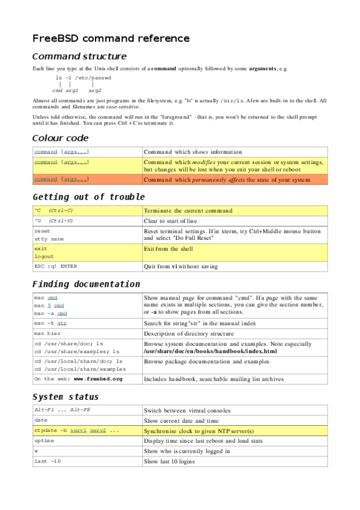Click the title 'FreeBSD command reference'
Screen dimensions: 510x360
click(x=111, y=38)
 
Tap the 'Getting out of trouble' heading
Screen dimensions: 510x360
click(x=88, y=197)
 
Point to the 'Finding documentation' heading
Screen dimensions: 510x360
click(x=86, y=284)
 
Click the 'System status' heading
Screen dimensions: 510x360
click(x=66, y=397)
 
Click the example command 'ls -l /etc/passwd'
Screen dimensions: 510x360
click(x=83, y=78)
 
